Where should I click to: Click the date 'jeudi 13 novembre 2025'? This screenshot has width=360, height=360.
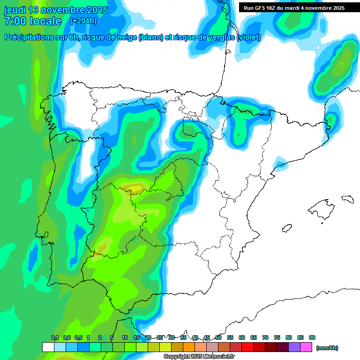click(56, 10)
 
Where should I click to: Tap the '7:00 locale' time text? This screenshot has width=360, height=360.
click(32, 21)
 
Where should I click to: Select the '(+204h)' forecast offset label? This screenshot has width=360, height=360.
click(83, 21)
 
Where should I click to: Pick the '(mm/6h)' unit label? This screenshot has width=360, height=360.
click(327, 348)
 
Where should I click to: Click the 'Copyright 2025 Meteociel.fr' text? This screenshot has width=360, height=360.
click(199, 357)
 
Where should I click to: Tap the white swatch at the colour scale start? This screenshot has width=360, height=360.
click(48, 347)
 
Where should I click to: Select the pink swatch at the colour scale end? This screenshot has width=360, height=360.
click(306, 347)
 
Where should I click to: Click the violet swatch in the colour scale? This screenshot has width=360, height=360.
click(294, 347)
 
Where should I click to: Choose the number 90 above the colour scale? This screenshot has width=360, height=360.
click(312, 337)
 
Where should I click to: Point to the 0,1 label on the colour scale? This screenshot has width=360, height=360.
click(55, 337)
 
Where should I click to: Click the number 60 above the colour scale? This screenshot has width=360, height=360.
click(242, 337)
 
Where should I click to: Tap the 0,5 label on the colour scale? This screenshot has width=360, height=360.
click(78, 337)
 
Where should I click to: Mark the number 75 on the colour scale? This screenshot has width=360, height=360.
click(277, 337)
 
